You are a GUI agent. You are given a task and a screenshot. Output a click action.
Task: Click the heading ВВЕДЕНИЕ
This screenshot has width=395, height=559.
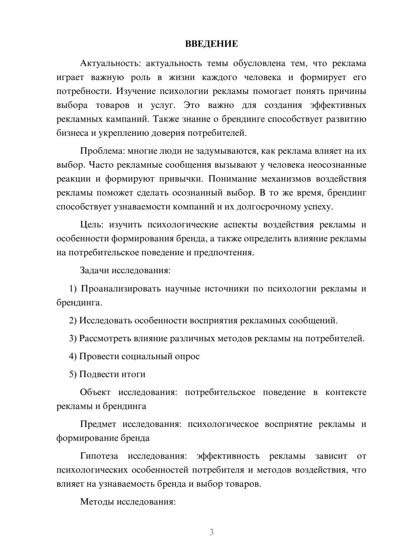[211, 44]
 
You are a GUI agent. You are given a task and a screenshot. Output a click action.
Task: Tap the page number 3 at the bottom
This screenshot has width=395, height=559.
[211, 532]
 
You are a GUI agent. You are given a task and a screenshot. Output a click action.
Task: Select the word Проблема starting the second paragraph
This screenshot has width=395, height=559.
[98, 151]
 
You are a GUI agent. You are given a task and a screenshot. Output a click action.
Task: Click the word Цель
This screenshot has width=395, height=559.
[92, 225]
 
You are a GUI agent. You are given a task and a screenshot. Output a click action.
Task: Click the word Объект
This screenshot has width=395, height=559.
[95, 392]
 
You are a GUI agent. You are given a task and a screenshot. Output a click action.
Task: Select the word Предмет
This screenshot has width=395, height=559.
[98, 424]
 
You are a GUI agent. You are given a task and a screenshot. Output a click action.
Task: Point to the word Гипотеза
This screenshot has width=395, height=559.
[99, 456]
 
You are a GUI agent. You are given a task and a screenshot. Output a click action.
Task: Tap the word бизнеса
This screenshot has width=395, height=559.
[72, 133]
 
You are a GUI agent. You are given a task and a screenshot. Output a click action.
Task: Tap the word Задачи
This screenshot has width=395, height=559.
[94, 271]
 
